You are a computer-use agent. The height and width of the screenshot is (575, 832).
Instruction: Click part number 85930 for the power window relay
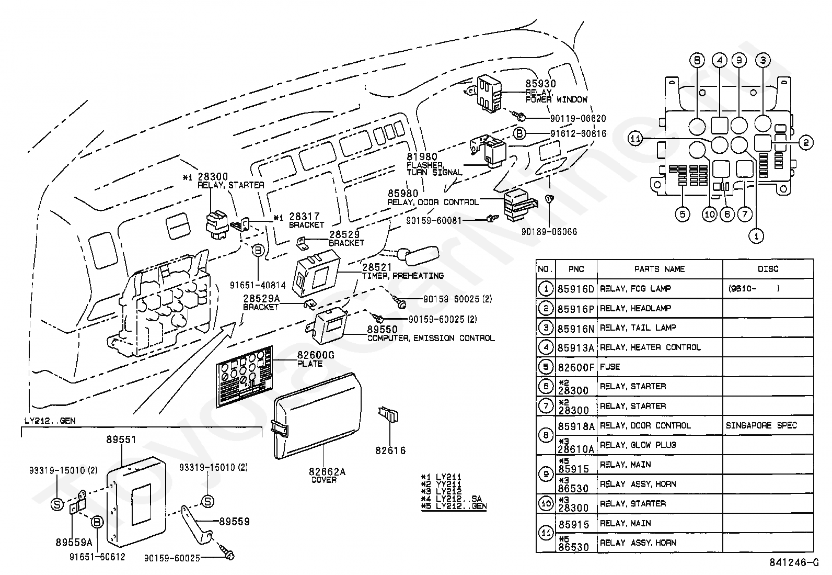click(x=540, y=84)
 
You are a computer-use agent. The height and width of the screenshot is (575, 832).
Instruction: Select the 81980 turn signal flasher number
click(x=422, y=156)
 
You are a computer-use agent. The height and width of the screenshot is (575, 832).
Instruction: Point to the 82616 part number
click(x=390, y=450)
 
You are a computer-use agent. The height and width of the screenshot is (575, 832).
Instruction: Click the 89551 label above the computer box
click(x=121, y=440)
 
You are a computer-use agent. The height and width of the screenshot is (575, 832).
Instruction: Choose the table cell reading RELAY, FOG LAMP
click(x=635, y=288)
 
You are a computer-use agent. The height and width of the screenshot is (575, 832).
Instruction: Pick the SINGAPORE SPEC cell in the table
click(x=761, y=425)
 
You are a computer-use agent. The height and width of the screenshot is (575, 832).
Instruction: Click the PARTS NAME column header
click(x=659, y=269)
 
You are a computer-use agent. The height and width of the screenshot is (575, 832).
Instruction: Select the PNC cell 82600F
click(x=575, y=367)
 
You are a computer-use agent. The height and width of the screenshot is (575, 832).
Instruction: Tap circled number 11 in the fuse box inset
click(x=635, y=139)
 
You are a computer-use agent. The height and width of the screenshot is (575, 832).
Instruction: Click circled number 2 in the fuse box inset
click(x=805, y=142)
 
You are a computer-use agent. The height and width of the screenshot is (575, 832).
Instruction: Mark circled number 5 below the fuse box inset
click(x=682, y=214)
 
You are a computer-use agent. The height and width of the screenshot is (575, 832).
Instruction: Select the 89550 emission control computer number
click(x=382, y=330)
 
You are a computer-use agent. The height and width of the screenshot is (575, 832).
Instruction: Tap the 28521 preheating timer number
click(x=377, y=267)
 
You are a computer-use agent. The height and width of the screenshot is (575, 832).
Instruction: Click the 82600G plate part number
click(x=316, y=356)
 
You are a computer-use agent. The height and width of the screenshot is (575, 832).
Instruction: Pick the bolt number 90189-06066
click(x=549, y=231)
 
